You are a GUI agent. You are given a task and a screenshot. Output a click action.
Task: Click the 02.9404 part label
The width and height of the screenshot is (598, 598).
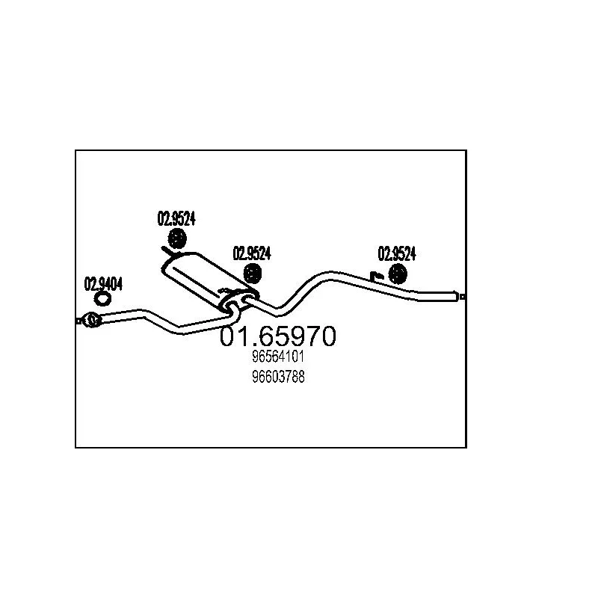[103, 283]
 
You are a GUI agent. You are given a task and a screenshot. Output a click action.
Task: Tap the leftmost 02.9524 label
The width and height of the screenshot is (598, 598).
[176, 218]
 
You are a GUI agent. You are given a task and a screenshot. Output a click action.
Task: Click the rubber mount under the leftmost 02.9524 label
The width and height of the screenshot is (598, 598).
[177, 240]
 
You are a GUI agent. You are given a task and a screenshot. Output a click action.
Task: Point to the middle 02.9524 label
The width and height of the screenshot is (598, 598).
[252, 253]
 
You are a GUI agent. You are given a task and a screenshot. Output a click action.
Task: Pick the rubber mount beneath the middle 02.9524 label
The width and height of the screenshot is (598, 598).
[253, 274]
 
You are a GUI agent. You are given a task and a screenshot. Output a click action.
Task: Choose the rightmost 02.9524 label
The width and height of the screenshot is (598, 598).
[396, 253]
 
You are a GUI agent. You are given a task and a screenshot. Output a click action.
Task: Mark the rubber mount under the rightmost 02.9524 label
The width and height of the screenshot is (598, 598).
[396, 274]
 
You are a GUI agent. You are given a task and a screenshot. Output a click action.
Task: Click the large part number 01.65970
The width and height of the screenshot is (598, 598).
[277, 336]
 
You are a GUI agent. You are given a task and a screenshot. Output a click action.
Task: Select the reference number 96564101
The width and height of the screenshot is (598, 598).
[278, 359]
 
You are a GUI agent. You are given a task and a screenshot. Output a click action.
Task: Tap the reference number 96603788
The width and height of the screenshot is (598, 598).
[278, 377]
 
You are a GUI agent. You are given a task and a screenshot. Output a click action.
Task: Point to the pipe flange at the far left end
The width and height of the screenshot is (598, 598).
[91, 321]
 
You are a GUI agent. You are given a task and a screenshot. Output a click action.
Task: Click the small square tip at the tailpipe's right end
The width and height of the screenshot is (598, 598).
[463, 297]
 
